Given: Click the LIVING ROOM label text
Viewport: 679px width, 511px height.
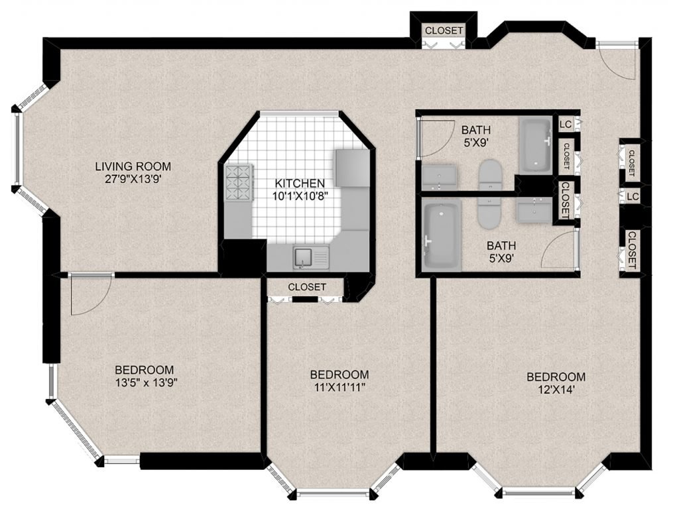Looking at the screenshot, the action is [x=133, y=166].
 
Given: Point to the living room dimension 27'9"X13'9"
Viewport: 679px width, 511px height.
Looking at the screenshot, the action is [x=133, y=179].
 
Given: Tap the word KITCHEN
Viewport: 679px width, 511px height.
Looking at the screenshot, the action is [x=300, y=183].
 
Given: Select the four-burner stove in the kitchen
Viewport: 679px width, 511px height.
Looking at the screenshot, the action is [x=238, y=183].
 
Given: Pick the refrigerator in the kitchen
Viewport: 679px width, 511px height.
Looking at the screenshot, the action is [x=352, y=168].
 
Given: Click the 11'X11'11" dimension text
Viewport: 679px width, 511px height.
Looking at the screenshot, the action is [x=339, y=387].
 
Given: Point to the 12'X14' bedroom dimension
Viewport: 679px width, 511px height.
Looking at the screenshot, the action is [x=556, y=390].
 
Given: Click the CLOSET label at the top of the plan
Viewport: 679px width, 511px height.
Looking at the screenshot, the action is [x=444, y=30].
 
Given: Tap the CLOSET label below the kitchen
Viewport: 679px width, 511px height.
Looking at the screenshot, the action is [x=307, y=287].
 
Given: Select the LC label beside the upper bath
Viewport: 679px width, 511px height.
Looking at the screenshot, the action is [x=566, y=125].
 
